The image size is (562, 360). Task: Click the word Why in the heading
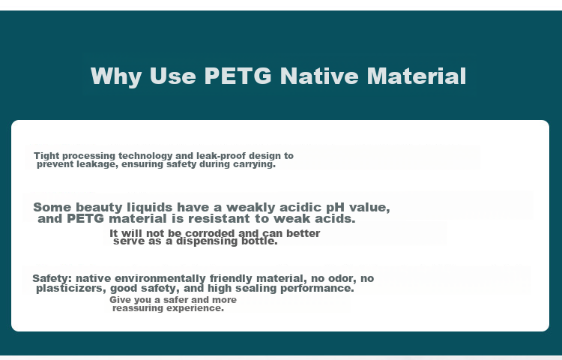pos(116,76)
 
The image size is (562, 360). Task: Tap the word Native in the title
pos(319,76)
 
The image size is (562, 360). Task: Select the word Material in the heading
pos(416,76)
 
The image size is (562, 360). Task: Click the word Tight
pos(46,156)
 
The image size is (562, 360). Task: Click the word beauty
pos(99,208)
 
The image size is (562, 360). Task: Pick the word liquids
pos(150,208)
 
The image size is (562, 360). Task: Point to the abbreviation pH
pos(335,208)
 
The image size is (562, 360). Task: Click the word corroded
pos(210,233)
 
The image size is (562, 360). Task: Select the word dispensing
pos(207,241)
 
